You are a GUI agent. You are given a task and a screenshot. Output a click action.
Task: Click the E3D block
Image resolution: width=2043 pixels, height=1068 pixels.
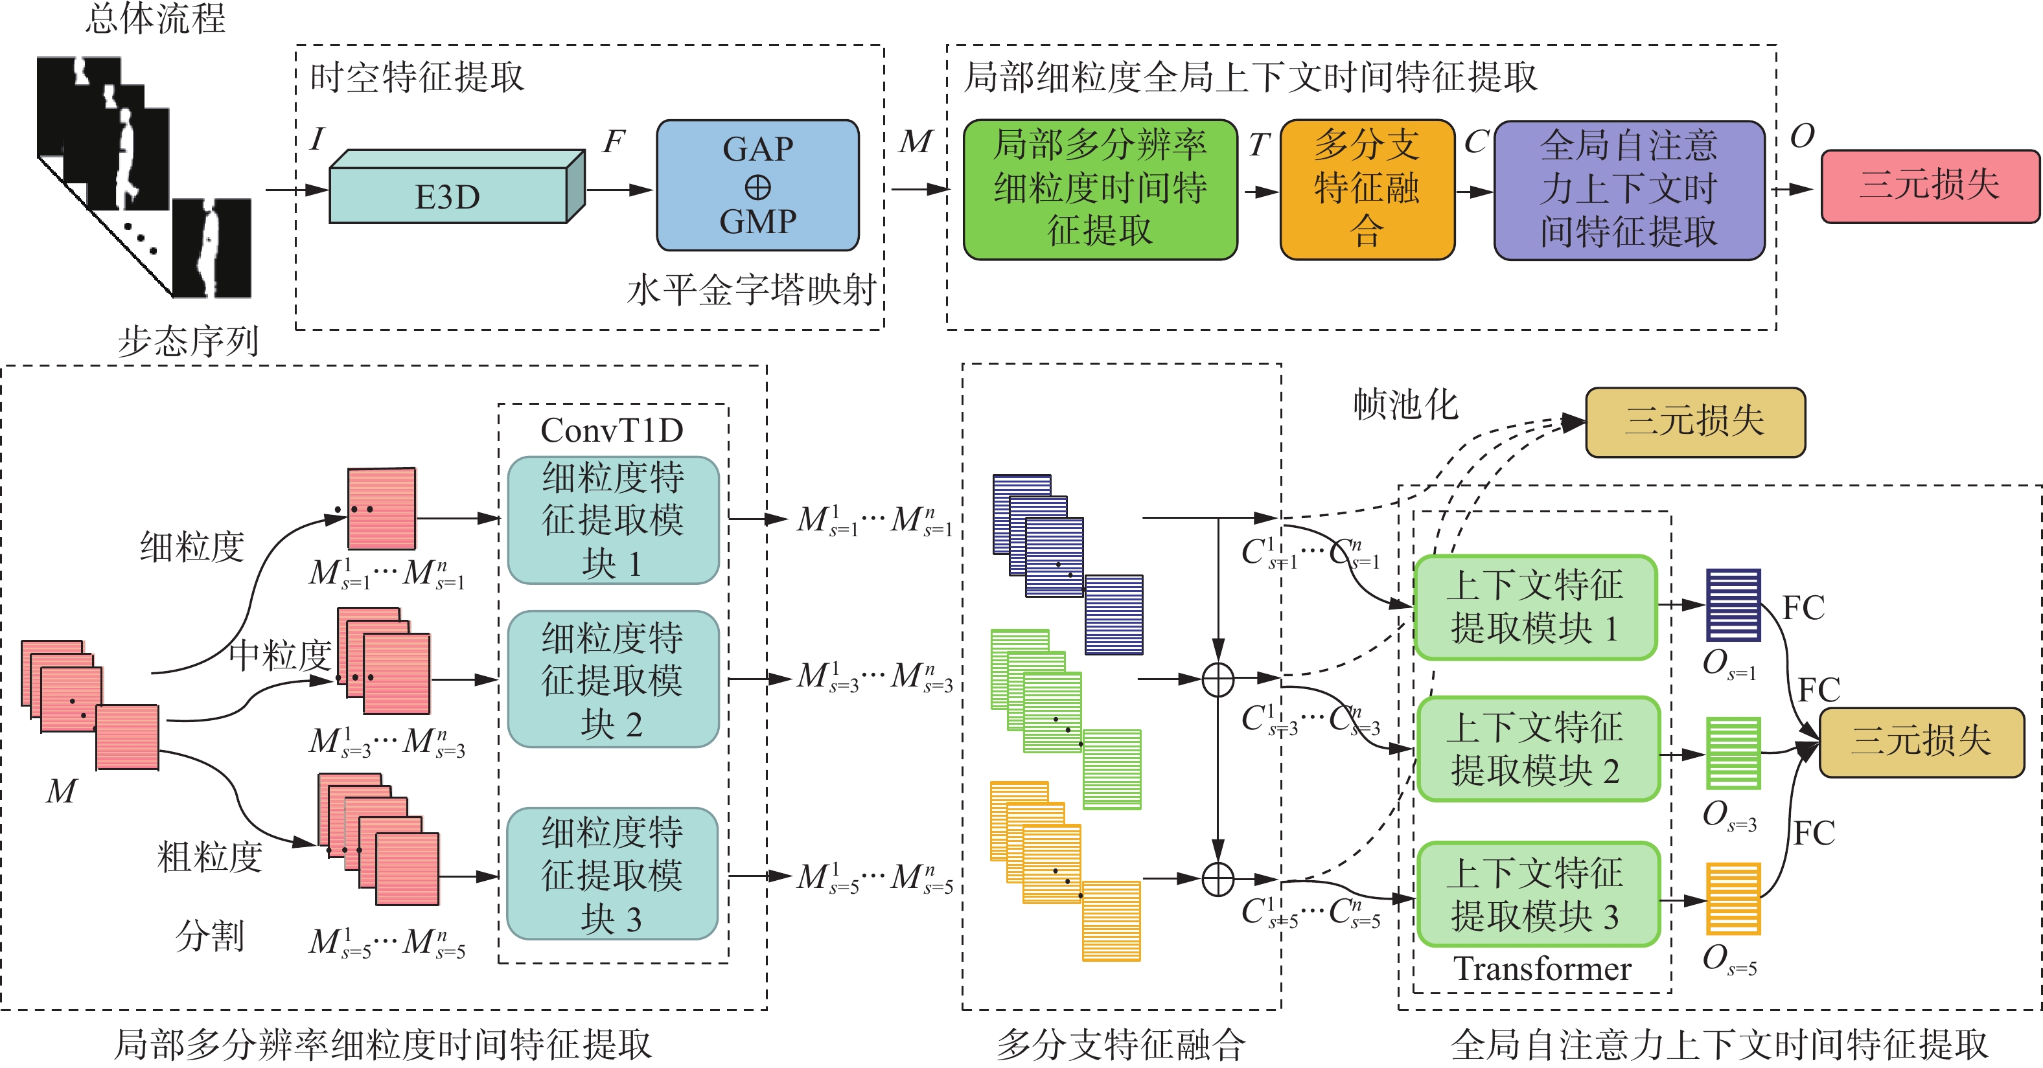pyautogui.click(x=449, y=195)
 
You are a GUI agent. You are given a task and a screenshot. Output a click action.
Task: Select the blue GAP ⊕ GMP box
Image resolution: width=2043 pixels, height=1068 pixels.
pyautogui.click(x=757, y=185)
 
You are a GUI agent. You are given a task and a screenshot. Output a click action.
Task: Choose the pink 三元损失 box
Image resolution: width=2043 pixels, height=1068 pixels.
pyautogui.click(x=1929, y=185)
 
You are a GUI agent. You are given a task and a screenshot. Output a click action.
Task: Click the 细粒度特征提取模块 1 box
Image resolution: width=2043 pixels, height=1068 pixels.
pyautogui.click(x=612, y=520)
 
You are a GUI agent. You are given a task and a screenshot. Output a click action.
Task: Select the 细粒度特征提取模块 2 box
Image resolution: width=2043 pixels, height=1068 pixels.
pyautogui.click(x=612, y=679)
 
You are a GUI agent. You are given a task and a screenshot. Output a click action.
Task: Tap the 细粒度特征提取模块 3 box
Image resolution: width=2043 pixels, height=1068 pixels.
pyautogui.click(x=612, y=874)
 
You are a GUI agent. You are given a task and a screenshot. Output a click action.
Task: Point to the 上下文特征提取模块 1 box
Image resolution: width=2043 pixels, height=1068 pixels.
pyautogui.click(x=1536, y=607)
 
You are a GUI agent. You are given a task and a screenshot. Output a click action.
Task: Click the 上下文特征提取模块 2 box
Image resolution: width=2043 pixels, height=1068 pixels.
pyautogui.click(x=1537, y=749)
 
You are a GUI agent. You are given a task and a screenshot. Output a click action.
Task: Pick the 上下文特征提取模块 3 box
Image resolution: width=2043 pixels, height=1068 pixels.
pyautogui.click(x=1537, y=894)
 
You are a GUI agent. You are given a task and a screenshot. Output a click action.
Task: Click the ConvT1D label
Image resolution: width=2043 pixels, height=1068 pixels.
pyautogui.click(x=612, y=430)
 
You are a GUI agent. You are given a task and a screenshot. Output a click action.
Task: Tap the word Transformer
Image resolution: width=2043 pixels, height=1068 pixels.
pyautogui.click(x=1541, y=968)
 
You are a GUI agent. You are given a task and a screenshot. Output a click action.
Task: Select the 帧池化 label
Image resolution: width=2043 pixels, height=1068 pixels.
pyautogui.click(x=1405, y=404)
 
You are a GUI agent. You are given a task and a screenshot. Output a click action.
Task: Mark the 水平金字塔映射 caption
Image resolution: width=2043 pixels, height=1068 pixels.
pyautogui.click(x=751, y=290)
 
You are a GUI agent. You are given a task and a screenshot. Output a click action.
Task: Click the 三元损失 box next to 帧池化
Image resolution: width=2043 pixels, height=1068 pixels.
pyautogui.click(x=1695, y=422)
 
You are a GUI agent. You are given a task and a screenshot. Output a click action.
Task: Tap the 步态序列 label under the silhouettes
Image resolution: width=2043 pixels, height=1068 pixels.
pyautogui.click(x=188, y=341)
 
